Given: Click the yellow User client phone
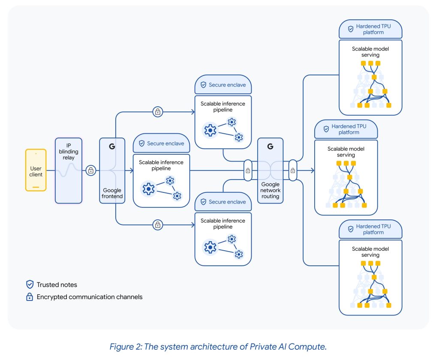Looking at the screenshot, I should (x=36, y=170).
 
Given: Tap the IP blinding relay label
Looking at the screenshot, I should (x=69, y=151).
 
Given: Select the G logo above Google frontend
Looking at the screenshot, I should (x=112, y=147).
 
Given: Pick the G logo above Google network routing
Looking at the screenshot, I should (x=270, y=147).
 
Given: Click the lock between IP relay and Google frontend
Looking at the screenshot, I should (x=90, y=171).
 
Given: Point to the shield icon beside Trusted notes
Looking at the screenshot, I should (x=30, y=284).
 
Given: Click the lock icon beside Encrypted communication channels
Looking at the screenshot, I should (x=30, y=297).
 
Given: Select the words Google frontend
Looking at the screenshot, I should (x=112, y=193).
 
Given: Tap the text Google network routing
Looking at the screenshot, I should (x=270, y=190).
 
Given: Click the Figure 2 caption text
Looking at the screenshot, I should (x=218, y=346).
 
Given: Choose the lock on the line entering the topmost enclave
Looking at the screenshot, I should (x=158, y=112).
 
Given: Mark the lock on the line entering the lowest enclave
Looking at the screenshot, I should (x=158, y=225).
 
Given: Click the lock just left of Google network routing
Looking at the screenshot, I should (x=247, y=171).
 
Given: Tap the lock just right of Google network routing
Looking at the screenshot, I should (x=292, y=171).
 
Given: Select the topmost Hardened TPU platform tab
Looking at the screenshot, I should (x=370, y=29).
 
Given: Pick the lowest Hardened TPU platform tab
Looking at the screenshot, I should (x=370, y=229).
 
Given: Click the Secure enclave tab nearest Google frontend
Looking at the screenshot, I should (x=161, y=144).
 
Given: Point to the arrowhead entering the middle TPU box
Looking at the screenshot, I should (x=312, y=171).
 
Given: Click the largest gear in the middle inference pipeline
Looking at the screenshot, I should (x=148, y=189).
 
